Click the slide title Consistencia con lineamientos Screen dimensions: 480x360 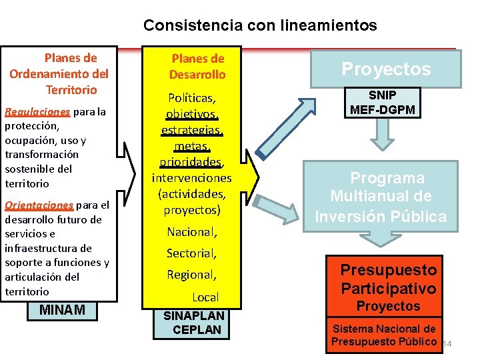[260, 26]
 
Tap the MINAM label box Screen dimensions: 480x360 [62, 310]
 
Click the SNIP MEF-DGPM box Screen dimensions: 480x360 [383, 102]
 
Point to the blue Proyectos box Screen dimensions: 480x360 [386, 69]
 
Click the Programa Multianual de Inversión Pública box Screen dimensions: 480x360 [381, 197]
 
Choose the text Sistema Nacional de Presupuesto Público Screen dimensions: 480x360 [384, 335]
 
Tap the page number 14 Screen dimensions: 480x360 [447, 343]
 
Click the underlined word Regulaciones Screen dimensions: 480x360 [37, 111]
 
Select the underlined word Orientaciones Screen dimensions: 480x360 [39, 205]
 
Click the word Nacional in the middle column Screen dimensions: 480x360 [192, 233]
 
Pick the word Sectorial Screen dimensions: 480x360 [192, 253]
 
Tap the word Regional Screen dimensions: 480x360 [192, 275]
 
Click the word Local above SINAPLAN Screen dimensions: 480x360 [205, 297]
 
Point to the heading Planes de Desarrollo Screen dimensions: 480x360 [197, 67]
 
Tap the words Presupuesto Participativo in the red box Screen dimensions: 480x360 [388, 279]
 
